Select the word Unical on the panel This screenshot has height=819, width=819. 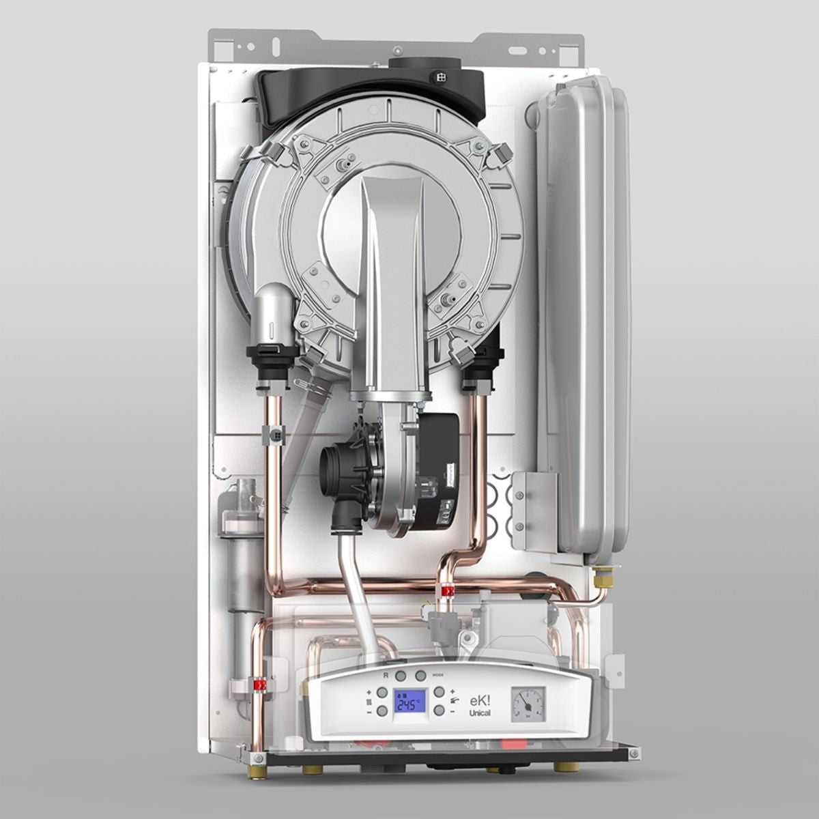[x=479, y=713]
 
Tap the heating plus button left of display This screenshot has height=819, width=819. [x=382, y=692]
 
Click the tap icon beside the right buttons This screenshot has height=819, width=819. [x=455, y=701]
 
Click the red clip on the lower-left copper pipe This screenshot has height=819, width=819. [x=259, y=684]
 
